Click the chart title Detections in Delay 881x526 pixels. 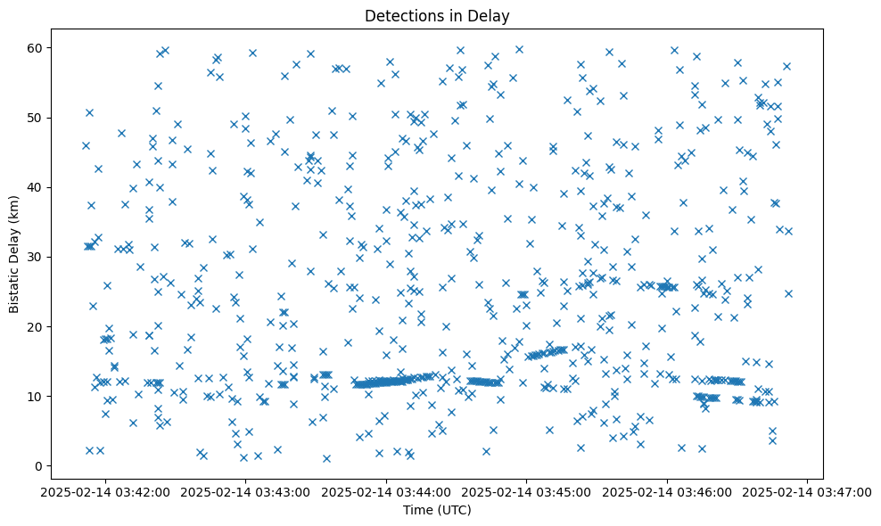[x=437, y=15]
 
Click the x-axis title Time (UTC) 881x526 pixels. [x=437, y=510]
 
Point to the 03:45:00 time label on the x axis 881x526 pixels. [x=527, y=491]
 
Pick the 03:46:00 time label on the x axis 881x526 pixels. [x=668, y=491]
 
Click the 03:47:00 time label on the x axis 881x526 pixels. [x=808, y=491]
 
